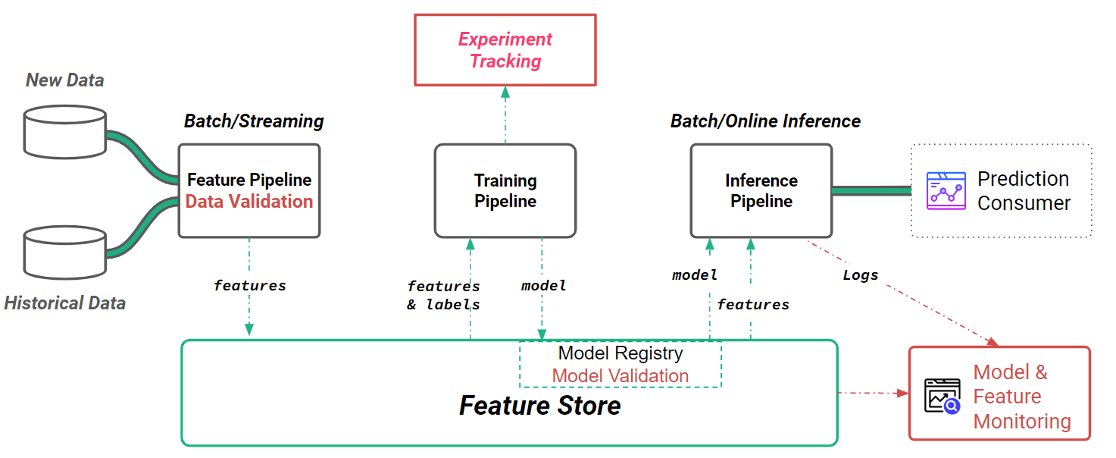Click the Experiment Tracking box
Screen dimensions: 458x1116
[505, 50]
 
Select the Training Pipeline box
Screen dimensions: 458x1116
[505, 191]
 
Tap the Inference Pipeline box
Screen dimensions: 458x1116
[761, 191]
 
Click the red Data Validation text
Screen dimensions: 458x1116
[249, 202]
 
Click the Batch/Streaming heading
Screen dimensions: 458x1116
[254, 121]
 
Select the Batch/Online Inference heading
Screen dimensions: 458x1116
[765, 121]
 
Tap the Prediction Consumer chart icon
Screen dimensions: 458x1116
[946, 191]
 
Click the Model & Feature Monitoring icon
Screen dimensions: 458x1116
[943, 396]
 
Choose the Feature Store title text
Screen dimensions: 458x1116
[539, 406]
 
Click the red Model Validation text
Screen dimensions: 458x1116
[620, 376]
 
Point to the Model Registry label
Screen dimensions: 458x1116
[620, 353]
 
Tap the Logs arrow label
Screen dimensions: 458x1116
[861, 275]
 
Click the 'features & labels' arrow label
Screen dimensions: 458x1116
[443, 296]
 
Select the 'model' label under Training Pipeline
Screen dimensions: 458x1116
[544, 286]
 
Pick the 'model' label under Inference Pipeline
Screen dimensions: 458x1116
[695, 275]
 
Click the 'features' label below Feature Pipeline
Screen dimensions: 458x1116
[249, 286]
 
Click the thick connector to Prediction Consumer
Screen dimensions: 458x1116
[871, 191]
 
